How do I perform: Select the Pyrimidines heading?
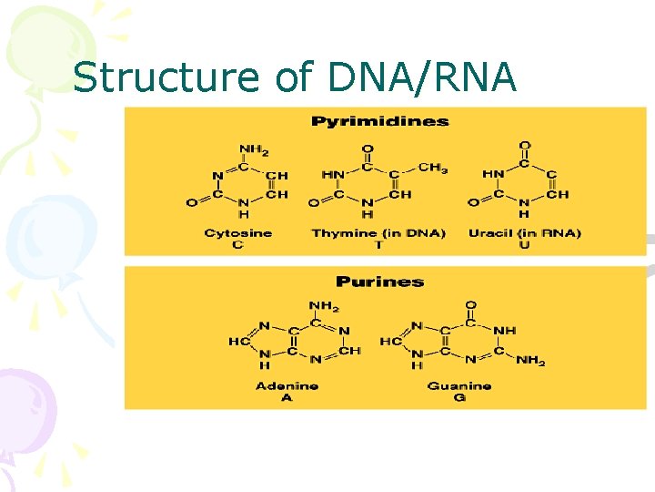pyautogui.click(x=380, y=121)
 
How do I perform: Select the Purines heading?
pyautogui.click(x=379, y=282)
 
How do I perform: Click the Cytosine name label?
pyautogui.click(x=238, y=233)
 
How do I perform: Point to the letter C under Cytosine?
pyautogui.click(x=238, y=244)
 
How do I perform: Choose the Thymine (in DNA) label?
pyautogui.click(x=378, y=233)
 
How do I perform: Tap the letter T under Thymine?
pyautogui.click(x=368, y=244)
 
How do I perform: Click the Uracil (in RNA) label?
pyautogui.click(x=524, y=233)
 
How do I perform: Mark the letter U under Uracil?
pyautogui.click(x=524, y=244)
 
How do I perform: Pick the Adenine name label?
pyautogui.click(x=287, y=385)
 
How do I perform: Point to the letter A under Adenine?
pyautogui.click(x=287, y=397)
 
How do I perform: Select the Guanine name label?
pyautogui.click(x=459, y=385)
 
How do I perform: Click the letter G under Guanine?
pyautogui.click(x=459, y=397)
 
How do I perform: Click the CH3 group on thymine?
pyautogui.click(x=433, y=168)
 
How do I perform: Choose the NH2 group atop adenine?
pyautogui.click(x=323, y=306)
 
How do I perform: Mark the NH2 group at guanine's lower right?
pyautogui.click(x=530, y=362)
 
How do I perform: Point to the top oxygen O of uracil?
pyautogui.click(x=524, y=146)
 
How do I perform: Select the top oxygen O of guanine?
pyautogui.click(x=470, y=306)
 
